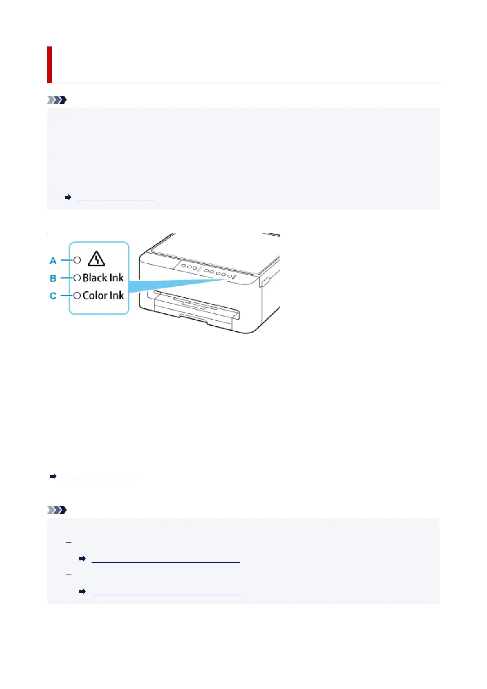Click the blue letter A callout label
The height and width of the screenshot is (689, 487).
(x=53, y=261)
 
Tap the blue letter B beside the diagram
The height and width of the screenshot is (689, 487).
(x=53, y=278)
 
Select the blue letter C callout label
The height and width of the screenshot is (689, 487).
(x=53, y=296)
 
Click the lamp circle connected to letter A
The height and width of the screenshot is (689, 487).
(x=77, y=260)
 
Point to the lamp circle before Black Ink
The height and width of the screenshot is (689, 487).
(x=77, y=278)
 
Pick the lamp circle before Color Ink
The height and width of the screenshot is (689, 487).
(x=77, y=295)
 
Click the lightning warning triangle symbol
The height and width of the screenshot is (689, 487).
(x=97, y=259)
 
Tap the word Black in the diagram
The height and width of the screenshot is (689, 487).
(x=95, y=278)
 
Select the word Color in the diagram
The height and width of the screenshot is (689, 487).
(x=95, y=295)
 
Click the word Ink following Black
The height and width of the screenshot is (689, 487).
(x=117, y=278)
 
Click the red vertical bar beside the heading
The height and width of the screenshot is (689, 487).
(x=49, y=64)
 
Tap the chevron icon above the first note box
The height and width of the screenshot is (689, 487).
(x=57, y=99)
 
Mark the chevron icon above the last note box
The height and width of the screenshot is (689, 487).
(x=57, y=510)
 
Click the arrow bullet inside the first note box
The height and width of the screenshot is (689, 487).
(x=68, y=198)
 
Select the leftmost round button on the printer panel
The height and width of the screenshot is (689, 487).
(x=184, y=266)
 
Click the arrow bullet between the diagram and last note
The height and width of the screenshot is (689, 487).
(x=53, y=477)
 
